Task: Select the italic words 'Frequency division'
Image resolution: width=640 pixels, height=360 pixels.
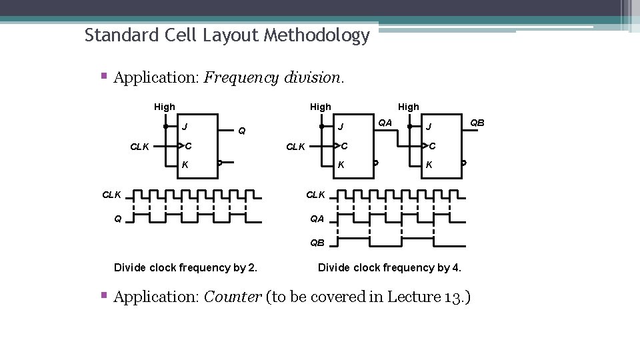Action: pos(273,77)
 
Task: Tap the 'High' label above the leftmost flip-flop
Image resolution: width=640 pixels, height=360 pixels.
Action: pos(165,107)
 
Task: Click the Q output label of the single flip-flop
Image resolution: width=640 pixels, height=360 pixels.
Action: pos(242,131)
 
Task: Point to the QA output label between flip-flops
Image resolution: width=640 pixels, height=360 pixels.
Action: pos(385,123)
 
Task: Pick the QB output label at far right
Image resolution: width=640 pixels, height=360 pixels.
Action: pos(477,123)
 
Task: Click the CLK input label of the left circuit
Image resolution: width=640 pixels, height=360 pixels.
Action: pos(139,147)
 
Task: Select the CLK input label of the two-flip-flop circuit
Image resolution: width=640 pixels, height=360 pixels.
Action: pos(296,147)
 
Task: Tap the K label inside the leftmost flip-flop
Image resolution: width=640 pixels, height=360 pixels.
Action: pos(185,164)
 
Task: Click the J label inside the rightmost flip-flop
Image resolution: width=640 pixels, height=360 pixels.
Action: pos(429,127)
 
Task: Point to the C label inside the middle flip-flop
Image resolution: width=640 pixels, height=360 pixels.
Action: pos(343,146)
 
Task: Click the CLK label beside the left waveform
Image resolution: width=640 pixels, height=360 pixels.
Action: pos(111,195)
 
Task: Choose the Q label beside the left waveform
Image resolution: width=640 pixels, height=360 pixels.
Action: pos(117,218)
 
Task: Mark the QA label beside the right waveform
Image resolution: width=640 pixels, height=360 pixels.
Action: pos(317,218)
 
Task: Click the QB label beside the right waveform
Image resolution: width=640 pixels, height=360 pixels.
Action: pos(317,243)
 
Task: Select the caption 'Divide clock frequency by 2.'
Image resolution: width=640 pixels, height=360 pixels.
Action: pos(186,268)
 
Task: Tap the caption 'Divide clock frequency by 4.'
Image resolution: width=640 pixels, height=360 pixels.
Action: pos(389,268)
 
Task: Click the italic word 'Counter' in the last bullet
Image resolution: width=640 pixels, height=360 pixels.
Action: pos(232,297)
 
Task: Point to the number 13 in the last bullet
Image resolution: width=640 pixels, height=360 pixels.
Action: pos(451,297)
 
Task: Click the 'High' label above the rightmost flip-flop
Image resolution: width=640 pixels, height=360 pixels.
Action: pos(409,107)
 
